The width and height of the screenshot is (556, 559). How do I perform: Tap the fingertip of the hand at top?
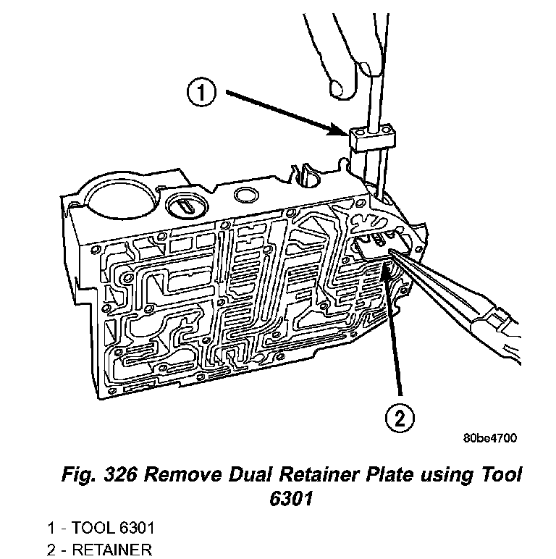337,88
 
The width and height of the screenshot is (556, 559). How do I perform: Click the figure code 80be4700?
489,438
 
